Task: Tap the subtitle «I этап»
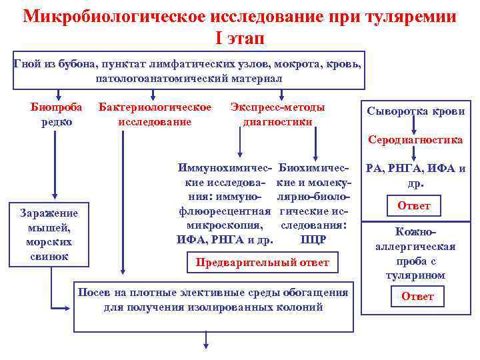tap(240, 38)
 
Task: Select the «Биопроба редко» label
tap(53, 114)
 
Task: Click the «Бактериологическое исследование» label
tap(155, 114)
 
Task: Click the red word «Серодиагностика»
tap(416, 140)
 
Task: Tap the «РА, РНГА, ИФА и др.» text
tap(415, 175)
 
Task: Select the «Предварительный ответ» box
tap(262, 262)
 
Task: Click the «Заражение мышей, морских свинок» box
tap(49, 234)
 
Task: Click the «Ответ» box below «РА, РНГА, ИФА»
tap(414, 206)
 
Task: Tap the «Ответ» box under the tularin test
tap(417, 296)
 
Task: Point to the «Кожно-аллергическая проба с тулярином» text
tap(416, 254)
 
